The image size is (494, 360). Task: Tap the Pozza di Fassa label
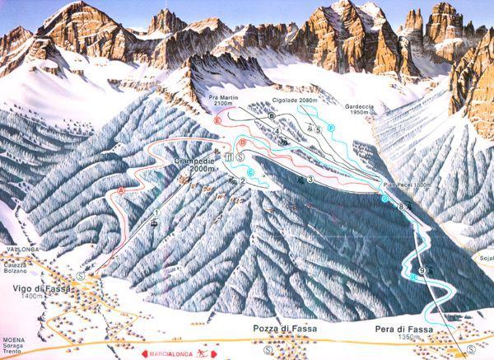click(284, 328)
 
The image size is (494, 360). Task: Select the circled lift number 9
click(421, 270)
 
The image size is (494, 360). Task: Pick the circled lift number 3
click(310, 180)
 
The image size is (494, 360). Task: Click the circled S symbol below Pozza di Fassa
click(269, 348)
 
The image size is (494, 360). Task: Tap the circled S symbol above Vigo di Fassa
click(80, 276)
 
